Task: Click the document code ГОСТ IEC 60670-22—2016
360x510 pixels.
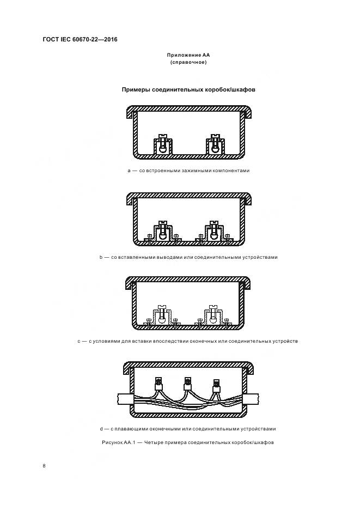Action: point(80,39)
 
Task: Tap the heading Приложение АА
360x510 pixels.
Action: point(188,55)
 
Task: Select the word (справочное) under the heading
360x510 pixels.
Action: point(188,62)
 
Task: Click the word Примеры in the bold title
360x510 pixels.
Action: point(136,89)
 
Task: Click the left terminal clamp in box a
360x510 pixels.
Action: point(162,144)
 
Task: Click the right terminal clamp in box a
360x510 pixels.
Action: point(215,144)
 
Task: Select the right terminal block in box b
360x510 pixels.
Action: point(214,232)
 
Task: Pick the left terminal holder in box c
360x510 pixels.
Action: point(162,315)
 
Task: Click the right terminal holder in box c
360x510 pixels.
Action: point(213,315)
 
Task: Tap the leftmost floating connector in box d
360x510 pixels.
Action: point(158,385)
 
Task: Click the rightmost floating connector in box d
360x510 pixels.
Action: point(216,386)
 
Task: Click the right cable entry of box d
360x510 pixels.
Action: point(252,399)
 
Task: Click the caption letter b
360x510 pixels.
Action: point(101,257)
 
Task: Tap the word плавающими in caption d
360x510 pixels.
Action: point(130,429)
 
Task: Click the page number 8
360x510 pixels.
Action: point(44,466)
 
